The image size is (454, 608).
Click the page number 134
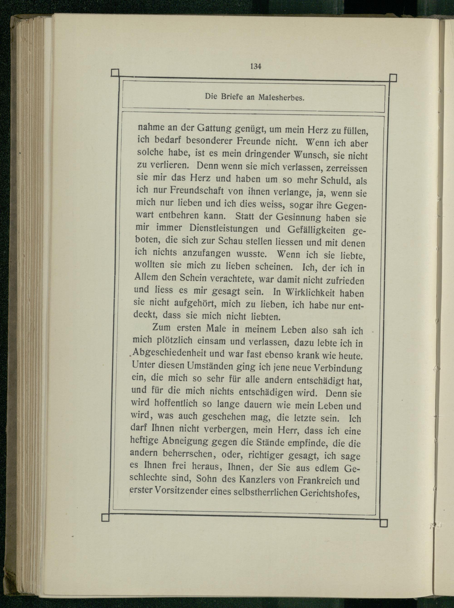click(255, 66)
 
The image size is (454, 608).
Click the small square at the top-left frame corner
click(115, 73)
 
